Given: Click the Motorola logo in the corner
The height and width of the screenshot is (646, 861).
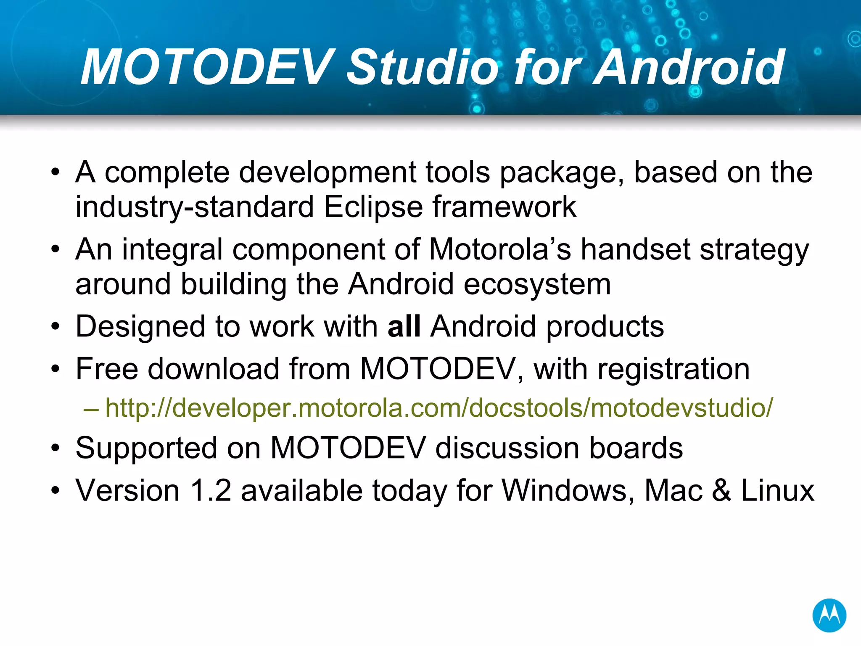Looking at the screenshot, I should (x=829, y=615).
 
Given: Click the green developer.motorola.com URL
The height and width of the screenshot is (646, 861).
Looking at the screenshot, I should (x=439, y=408).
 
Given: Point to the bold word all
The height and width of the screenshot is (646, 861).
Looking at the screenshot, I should (x=404, y=326).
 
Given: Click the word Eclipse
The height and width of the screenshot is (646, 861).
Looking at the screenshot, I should (x=373, y=207).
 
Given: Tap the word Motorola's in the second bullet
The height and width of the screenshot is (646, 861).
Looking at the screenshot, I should (x=500, y=249).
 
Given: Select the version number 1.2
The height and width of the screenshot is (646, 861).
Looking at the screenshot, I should (x=211, y=490).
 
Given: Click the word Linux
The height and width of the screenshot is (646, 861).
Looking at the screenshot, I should (x=777, y=490).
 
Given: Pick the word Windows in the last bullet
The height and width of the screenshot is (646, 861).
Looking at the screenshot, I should (x=568, y=490).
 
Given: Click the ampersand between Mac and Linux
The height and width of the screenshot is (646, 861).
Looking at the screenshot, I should (x=721, y=490).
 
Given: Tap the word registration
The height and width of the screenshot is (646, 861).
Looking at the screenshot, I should (x=673, y=369).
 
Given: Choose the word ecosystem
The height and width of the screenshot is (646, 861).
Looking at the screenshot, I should (x=537, y=284).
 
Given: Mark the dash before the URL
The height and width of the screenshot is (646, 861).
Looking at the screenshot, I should (x=91, y=408).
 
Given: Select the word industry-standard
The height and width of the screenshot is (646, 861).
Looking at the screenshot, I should (x=195, y=207).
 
